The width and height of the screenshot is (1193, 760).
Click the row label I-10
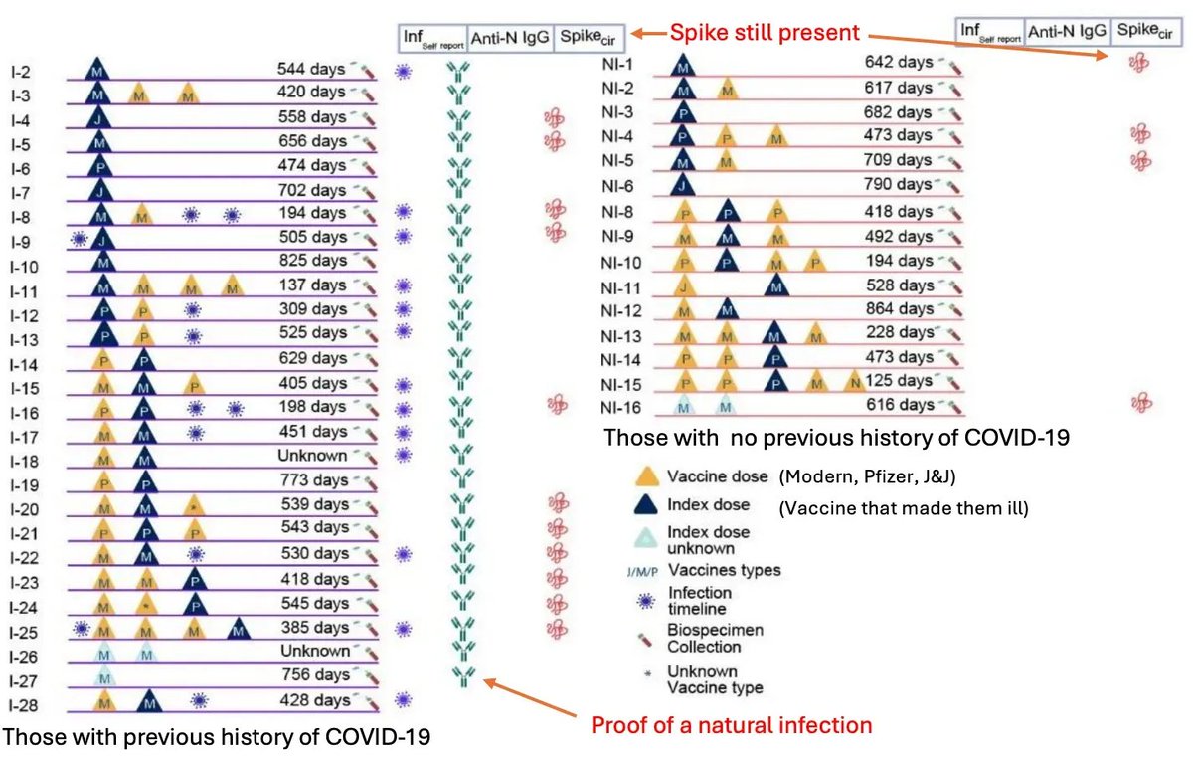[x=20, y=264]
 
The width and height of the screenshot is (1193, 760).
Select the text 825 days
[x=311, y=262]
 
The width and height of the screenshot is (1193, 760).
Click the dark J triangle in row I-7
[x=97, y=189]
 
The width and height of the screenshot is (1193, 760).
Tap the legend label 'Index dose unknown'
[x=710, y=540]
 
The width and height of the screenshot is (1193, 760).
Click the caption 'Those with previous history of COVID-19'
[x=217, y=737]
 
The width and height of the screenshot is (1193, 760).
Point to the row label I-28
[x=20, y=705]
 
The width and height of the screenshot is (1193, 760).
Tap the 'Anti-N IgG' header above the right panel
[x=1069, y=32]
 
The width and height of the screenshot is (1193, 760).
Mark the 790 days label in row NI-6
[x=899, y=184]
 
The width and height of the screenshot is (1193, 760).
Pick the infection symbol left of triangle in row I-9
[x=80, y=238]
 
